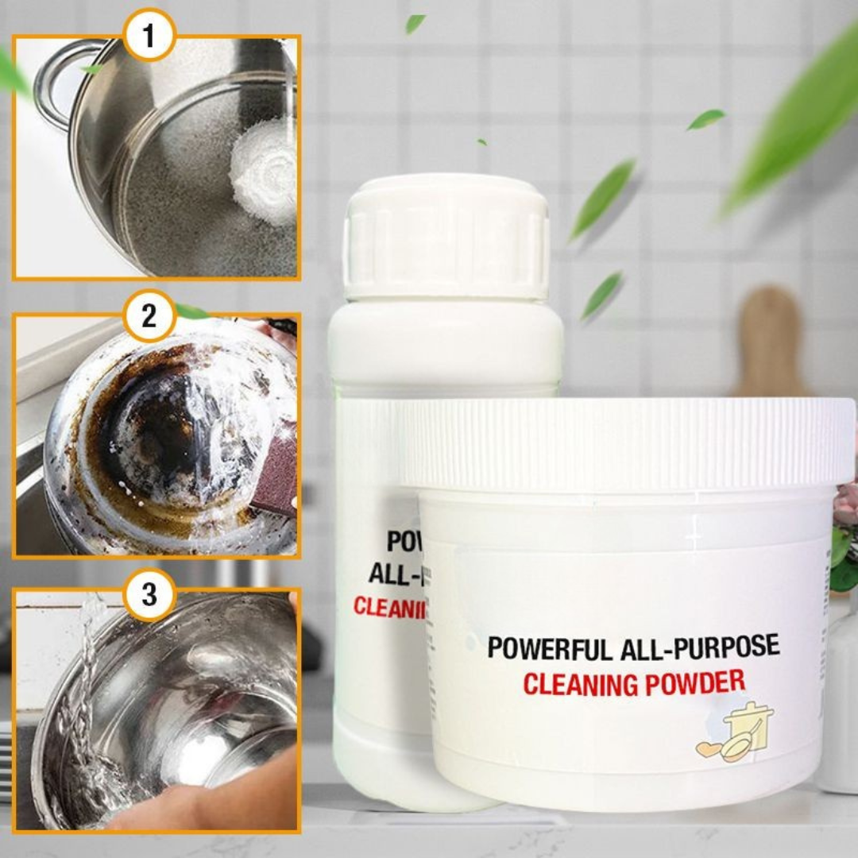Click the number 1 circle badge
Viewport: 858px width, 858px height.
[x=150, y=36]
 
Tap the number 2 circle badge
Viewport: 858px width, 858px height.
[x=149, y=315]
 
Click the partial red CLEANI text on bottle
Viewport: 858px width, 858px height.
[x=389, y=608]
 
